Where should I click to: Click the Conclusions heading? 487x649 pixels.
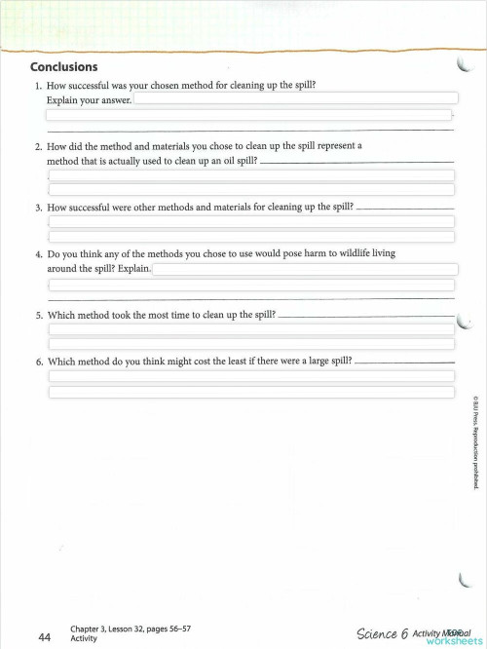[64, 67]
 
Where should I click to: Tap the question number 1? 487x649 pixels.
[38, 86]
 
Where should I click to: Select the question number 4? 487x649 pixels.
[38, 253]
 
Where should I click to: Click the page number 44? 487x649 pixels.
[45, 636]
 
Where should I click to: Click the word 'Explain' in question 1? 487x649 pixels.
[63, 100]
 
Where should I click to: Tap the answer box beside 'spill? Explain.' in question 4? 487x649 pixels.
[302, 269]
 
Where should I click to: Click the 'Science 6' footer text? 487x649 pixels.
[382, 633]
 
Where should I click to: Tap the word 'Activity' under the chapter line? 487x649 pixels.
[84, 639]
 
